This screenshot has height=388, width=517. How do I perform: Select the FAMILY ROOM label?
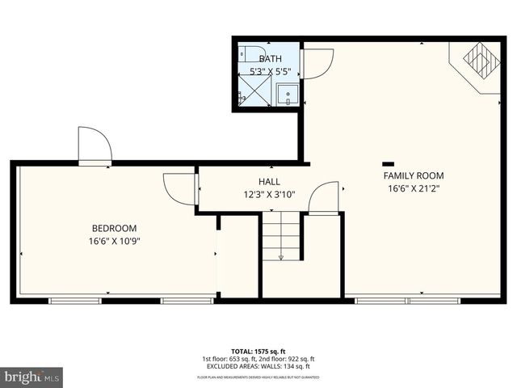tap(413, 175)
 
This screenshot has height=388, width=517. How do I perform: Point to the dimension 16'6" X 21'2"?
tap(413, 188)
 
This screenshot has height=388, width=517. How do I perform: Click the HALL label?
tap(270, 181)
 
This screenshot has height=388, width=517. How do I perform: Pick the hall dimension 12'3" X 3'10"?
tap(270, 194)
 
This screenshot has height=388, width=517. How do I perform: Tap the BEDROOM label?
tap(114, 228)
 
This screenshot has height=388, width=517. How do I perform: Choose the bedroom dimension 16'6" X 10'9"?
tap(114, 241)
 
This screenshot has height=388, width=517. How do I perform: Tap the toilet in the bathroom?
tap(251, 55)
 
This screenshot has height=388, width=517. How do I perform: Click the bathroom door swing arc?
tap(318, 62)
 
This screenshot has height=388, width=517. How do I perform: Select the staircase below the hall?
tap(280, 235)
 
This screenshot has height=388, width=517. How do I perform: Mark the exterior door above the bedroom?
tap(94, 145)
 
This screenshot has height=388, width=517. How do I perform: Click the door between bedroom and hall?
tap(179, 189)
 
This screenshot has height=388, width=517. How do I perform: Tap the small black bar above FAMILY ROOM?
tap(389, 162)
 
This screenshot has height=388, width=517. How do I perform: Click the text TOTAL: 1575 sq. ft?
tap(258, 351)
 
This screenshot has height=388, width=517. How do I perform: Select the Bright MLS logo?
tap(32, 376)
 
